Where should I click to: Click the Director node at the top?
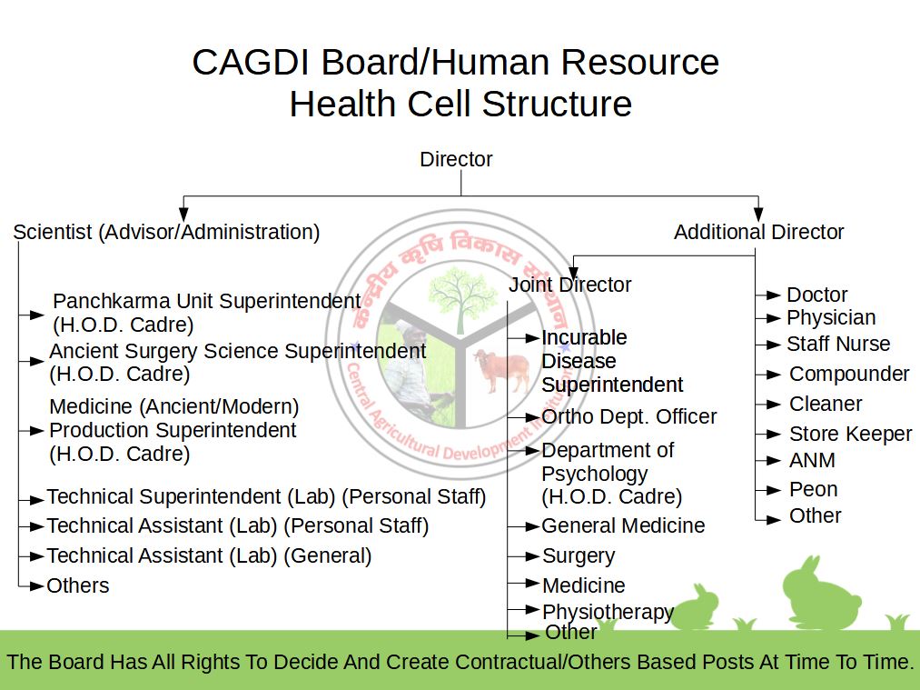coord(456,159)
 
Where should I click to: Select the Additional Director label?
coord(758,232)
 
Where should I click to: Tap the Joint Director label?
coord(569,285)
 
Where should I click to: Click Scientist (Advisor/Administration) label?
coord(166,232)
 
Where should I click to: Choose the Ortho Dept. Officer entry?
coord(628,416)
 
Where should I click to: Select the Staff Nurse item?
coord(837,344)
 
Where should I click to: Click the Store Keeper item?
coord(850,434)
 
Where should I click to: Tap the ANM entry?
coord(812,460)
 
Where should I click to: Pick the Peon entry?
coord(813,489)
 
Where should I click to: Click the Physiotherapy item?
coord(607,612)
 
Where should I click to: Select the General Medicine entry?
coord(623,525)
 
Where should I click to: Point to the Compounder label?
coord(848,374)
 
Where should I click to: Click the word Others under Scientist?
coord(78,585)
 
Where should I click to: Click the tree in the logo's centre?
coord(463,295)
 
